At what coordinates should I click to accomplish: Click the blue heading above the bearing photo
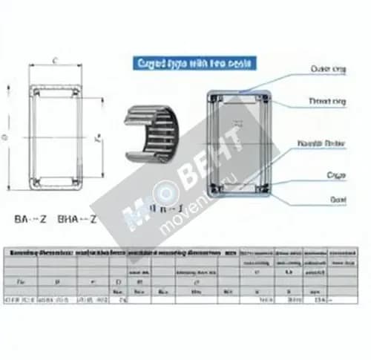pyautogui.click(x=194, y=65)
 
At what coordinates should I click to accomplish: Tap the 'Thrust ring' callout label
pyautogui.click(x=326, y=101)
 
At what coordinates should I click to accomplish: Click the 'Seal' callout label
pyautogui.click(x=337, y=200)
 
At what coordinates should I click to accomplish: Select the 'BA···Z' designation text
pyautogui.click(x=31, y=220)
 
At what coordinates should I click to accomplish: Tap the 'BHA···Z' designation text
pyautogui.click(x=77, y=220)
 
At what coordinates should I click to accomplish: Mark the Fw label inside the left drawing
pyautogui.click(x=97, y=137)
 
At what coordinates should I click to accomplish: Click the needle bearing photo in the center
pyautogui.click(x=151, y=133)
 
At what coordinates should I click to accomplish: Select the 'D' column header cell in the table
pyautogui.click(x=119, y=282)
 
